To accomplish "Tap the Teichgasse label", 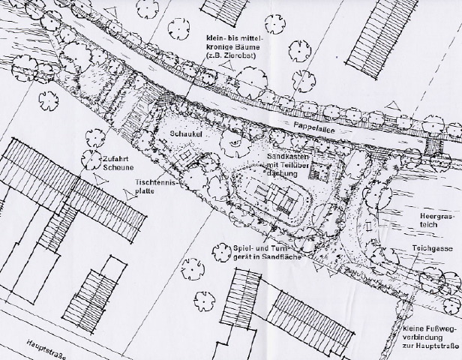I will click(x=435, y=247).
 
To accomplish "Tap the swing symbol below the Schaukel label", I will click(x=183, y=151).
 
